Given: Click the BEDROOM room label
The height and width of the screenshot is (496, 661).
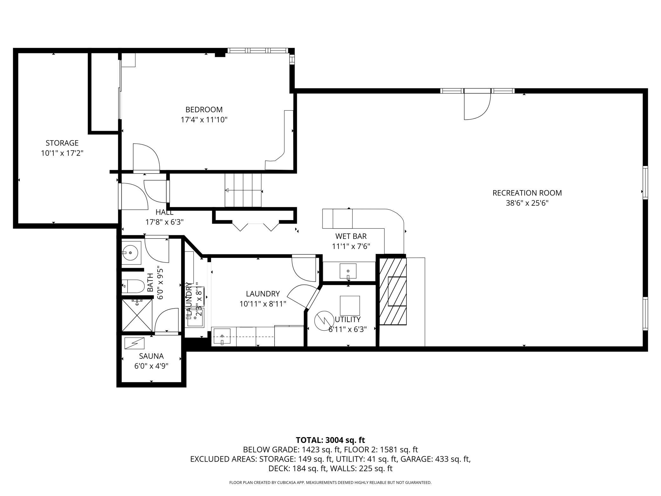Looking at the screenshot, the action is click(204, 110).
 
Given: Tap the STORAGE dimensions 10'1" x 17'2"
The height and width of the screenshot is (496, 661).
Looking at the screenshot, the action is click(62, 153).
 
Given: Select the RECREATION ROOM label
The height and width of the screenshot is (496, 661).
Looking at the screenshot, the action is click(527, 193).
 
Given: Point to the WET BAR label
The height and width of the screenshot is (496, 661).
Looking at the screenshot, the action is click(351, 236).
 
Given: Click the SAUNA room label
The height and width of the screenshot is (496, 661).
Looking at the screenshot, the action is click(151, 356).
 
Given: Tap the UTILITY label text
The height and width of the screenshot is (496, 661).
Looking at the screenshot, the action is click(348, 319).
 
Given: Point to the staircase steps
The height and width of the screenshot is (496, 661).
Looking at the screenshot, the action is click(243, 190).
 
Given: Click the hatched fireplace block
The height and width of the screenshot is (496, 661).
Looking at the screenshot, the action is click(393, 291).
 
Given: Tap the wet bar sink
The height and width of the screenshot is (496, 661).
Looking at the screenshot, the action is click(348, 271).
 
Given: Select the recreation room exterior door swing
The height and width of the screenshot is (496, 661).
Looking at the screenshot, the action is click(478, 106).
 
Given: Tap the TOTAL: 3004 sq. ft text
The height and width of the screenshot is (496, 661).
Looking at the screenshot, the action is click(330, 440).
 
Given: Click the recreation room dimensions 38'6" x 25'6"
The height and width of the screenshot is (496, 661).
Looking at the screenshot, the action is click(527, 203).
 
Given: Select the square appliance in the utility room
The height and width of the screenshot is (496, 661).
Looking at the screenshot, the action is click(350, 305).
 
